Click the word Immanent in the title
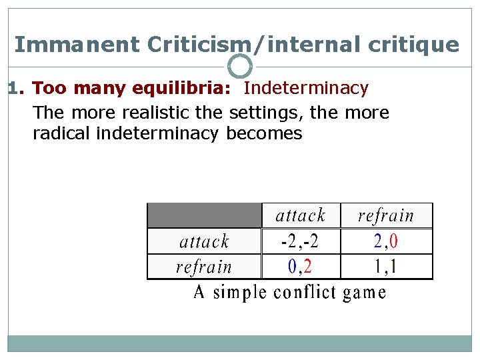[77, 45]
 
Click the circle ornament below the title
[240, 66]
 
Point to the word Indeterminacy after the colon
[306, 88]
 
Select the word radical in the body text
[62, 133]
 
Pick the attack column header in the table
[301, 215]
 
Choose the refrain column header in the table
[386, 215]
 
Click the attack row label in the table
[204, 241]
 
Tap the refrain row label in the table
[204, 267]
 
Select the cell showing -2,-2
[301, 241]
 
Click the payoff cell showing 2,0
[386, 241]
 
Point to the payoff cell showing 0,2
[301, 267]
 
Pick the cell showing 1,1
[386, 267]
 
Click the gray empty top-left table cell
[204, 215]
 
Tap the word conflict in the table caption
[303, 293]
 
